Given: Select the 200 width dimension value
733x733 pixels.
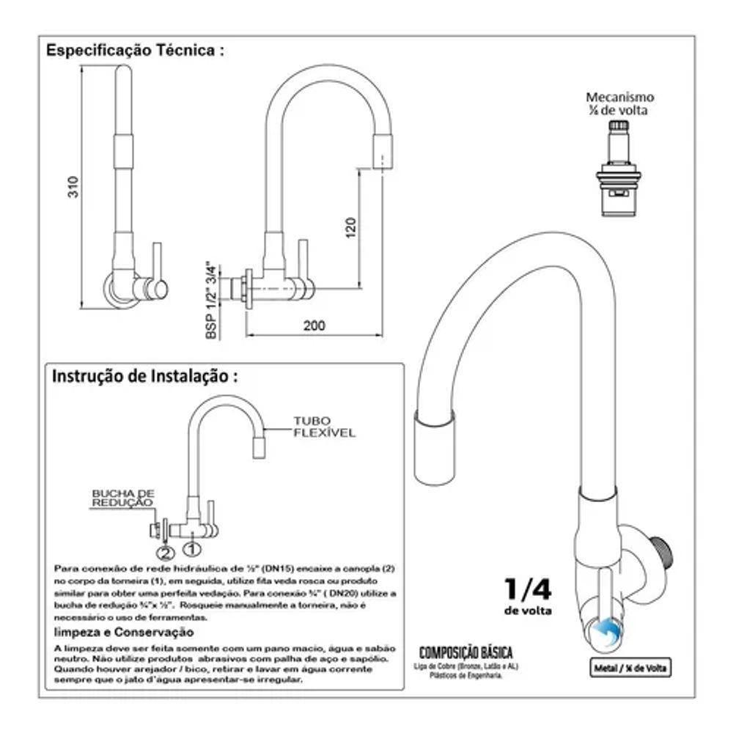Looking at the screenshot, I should (x=314, y=326).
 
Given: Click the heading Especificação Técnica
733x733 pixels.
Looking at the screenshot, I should (x=135, y=51).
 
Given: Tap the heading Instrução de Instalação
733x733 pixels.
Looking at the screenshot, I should (x=144, y=376).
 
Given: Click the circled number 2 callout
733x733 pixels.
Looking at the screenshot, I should (x=165, y=551).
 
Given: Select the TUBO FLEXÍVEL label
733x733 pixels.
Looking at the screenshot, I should (x=324, y=427).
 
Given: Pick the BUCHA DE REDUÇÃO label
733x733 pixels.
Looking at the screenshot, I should (x=122, y=498).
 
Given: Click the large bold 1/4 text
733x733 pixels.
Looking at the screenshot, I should (x=527, y=589).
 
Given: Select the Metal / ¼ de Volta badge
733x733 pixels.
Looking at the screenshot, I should (x=631, y=667).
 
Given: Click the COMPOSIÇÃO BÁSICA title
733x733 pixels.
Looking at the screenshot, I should (x=465, y=652).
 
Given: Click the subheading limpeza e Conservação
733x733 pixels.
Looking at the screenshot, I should (x=114, y=632).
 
